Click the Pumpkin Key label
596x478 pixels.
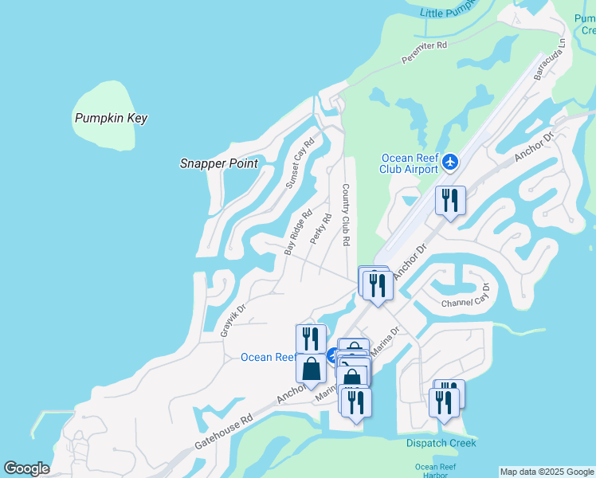click(x=111, y=118)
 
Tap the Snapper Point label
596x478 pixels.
click(x=219, y=163)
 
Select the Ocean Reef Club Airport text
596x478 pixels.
click(x=410, y=163)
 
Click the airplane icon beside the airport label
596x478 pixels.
click(x=450, y=163)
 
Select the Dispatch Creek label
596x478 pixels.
click(x=441, y=443)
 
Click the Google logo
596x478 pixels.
click(x=26, y=468)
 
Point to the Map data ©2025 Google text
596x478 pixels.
click(x=547, y=472)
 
